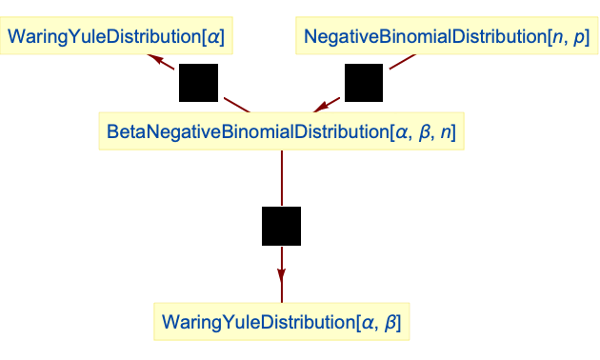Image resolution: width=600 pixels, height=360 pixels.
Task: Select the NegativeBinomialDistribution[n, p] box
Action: coord(447,37)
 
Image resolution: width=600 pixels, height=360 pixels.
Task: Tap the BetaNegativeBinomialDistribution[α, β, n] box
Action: coord(281,131)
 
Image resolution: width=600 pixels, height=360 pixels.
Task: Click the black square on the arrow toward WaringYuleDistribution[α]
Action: coord(199,83)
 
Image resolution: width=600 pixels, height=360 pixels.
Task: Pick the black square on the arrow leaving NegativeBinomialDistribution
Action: coord(363,83)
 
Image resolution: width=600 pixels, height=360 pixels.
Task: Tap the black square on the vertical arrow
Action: coord(281,227)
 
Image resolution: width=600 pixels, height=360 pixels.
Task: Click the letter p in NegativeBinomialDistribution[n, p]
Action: coord(578,38)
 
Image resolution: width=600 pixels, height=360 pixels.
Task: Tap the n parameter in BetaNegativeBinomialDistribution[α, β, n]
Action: coord(448,132)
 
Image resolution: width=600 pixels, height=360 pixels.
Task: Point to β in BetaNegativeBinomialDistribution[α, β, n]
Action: coord(425,132)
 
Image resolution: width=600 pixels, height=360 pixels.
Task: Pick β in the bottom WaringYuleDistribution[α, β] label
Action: coord(389,323)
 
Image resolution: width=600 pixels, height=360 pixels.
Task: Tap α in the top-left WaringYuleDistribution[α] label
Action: coord(215,38)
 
